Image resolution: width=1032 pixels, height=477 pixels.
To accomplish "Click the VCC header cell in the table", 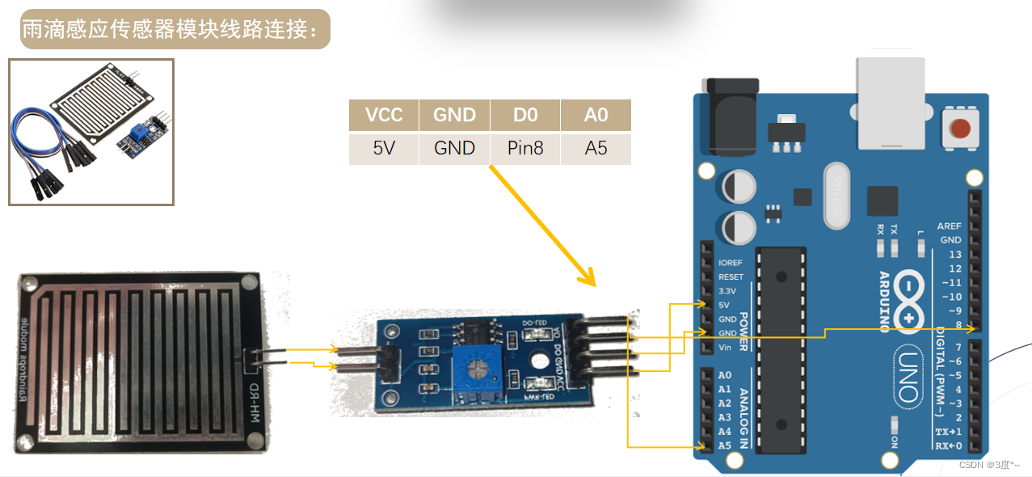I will tap(384, 115).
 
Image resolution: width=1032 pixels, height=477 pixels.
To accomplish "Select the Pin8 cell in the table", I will tap(525, 149).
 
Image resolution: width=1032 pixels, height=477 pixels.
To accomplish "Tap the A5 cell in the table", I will tap(596, 149).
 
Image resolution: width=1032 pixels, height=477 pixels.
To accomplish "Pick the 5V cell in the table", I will tap(384, 149).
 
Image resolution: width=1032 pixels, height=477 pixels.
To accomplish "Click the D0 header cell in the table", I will tap(525, 115).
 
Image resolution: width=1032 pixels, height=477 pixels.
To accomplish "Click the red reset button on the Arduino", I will tap(961, 128).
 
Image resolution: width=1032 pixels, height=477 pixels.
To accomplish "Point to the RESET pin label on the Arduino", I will tap(731, 276).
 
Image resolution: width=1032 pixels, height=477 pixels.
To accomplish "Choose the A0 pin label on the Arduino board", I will tap(724, 375).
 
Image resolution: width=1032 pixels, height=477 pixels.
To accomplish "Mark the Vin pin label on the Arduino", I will tap(726, 347).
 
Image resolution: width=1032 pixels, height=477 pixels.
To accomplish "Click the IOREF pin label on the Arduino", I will tap(731, 263).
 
